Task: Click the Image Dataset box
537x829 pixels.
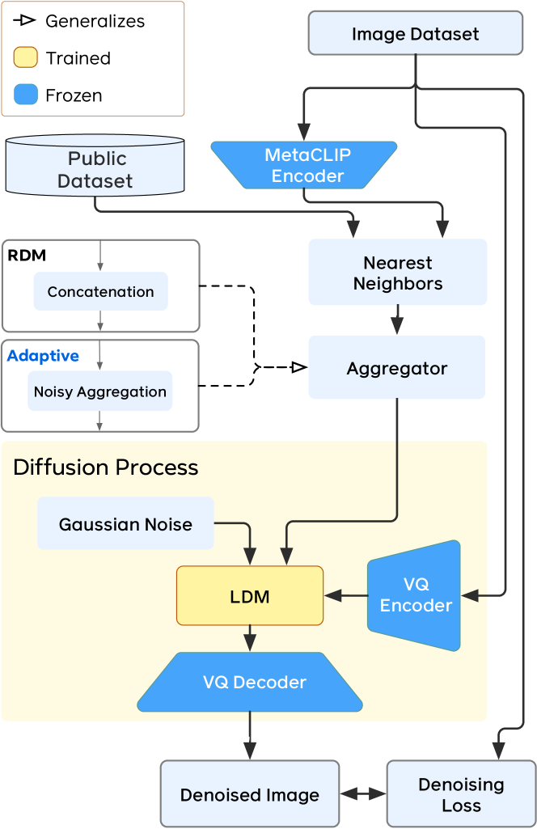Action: point(415,33)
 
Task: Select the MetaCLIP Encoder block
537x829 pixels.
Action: point(303,165)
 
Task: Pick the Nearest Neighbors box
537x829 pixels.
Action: point(397,273)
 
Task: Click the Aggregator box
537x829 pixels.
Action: point(396,368)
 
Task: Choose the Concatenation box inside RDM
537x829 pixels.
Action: point(100,291)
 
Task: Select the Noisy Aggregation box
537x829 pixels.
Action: point(100,391)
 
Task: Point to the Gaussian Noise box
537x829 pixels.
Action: point(125,523)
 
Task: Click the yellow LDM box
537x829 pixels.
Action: point(249,596)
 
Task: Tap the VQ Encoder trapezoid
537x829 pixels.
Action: point(415,595)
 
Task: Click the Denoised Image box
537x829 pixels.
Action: point(249,794)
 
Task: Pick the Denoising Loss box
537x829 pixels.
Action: point(460,794)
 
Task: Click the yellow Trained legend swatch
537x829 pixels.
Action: point(26,58)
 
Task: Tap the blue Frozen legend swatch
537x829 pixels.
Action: point(26,95)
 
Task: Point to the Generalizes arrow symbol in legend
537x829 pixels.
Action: point(27,21)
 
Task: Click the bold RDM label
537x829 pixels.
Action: point(27,256)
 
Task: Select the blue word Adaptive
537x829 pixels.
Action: point(43,355)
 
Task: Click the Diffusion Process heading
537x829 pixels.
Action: point(105,467)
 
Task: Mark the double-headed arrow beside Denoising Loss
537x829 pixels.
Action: point(363,794)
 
